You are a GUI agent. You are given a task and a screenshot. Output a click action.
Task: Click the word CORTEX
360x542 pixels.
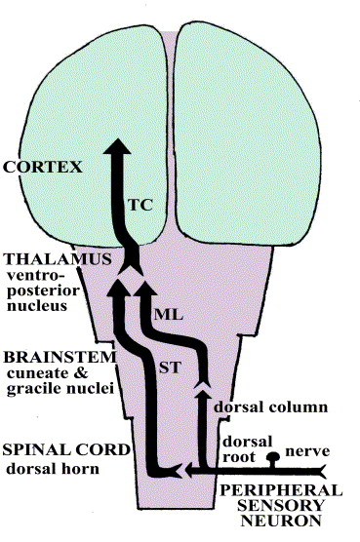tap(43, 167)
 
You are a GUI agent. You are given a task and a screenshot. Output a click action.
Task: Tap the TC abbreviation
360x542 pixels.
tap(140, 205)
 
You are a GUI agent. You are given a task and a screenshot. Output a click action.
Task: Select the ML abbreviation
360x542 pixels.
tap(169, 315)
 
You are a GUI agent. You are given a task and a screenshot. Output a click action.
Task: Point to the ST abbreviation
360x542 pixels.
tap(170, 368)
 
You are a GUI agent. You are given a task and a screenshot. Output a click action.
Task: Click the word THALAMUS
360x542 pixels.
tap(58, 259)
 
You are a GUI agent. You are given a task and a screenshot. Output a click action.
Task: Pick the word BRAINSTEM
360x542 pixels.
tap(60, 357)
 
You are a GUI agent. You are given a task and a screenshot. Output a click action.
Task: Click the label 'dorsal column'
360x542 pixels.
tap(271, 406)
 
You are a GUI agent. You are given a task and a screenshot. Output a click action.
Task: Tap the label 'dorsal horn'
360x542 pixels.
tap(53, 469)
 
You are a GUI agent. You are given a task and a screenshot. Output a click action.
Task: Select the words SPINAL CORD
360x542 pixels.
tap(66, 449)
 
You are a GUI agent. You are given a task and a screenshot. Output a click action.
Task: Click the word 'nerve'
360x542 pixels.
tap(307, 451)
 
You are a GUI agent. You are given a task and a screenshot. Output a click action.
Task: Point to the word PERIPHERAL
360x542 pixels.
tap(281, 490)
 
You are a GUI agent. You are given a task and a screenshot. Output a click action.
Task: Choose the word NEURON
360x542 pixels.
tap(281, 521)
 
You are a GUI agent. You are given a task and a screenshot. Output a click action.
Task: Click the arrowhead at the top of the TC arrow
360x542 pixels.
tap(118, 146)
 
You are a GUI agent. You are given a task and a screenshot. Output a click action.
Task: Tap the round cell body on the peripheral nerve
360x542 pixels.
tap(273, 457)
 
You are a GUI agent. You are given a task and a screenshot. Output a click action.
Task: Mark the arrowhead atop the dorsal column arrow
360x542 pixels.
tap(204, 392)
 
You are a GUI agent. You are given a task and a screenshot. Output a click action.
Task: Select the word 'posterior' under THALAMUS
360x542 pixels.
tap(43, 290)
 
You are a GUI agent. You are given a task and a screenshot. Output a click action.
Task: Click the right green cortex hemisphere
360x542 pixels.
tap(247, 135)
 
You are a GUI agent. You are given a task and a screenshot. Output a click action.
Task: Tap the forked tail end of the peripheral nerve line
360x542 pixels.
tap(322, 471)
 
